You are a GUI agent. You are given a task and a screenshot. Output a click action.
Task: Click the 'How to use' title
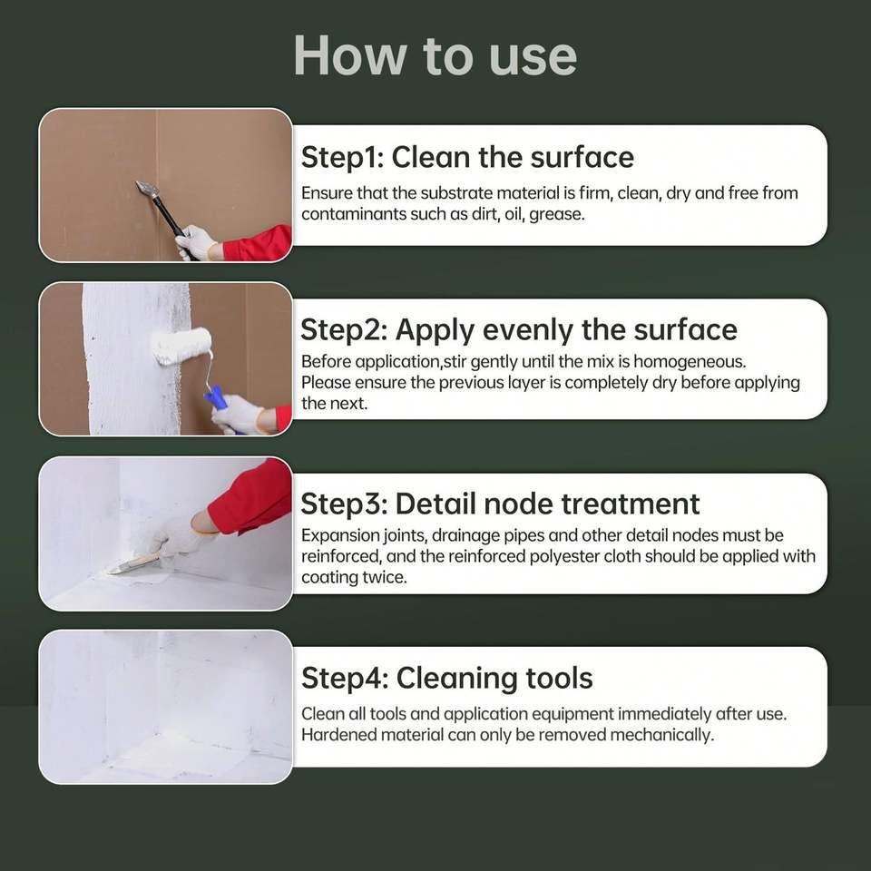tap(435, 55)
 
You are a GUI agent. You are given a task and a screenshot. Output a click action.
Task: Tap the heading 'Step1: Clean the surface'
tap(467, 157)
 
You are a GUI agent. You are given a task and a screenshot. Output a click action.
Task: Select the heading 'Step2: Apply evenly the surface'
tap(519, 330)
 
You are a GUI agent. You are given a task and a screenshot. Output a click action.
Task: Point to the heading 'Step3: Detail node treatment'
tap(500, 504)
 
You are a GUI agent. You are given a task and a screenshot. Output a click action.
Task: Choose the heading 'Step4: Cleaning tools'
tap(447, 679)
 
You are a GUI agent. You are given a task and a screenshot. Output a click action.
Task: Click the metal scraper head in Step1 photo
tap(147, 190)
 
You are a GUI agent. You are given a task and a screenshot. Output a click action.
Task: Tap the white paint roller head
tap(181, 346)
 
